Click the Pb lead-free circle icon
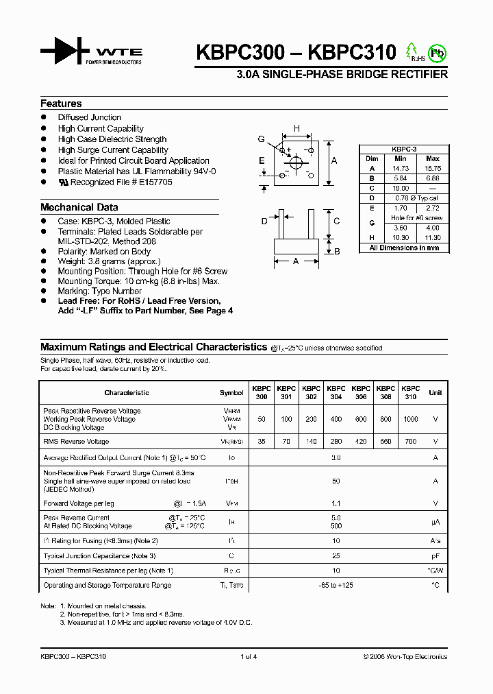[437, 52]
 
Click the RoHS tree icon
[412, 51]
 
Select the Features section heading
[61, 104]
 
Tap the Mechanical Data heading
[79, 207]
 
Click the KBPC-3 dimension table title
[404, 149]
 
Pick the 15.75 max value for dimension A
[433, 168]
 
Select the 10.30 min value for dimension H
[401, 237]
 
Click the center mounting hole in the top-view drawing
[296, 163]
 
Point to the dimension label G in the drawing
[261, 139]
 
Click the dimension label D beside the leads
[264, 221]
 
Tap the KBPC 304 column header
[336, 392]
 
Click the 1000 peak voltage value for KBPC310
[410, 419]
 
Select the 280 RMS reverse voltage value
[336, 442]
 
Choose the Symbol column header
[231, 393]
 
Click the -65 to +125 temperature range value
[336, 585]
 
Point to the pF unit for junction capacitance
[435, 556]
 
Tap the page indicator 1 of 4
[249, 656]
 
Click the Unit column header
[435, 393]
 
